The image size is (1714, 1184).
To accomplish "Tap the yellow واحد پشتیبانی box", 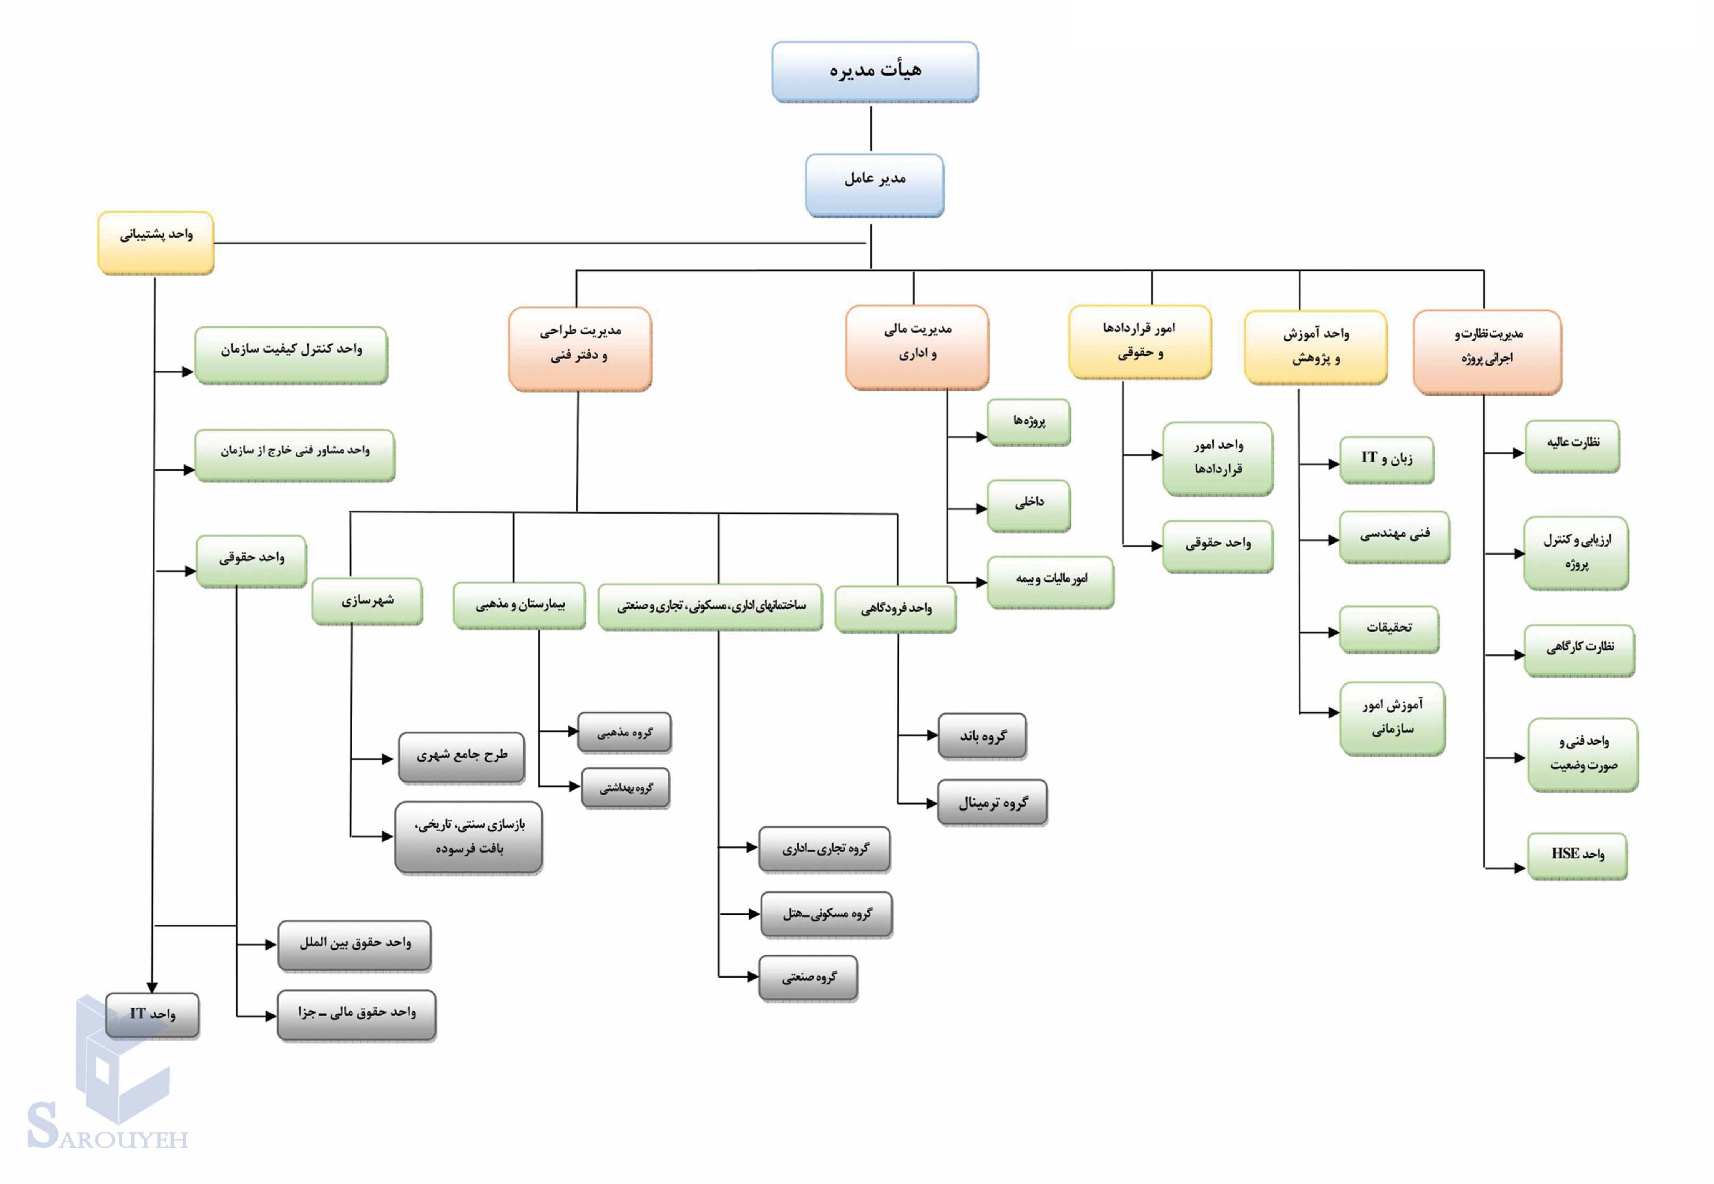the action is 156,243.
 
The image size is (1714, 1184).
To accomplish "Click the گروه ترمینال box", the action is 992,802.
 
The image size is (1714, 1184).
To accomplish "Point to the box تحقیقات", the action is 1389,629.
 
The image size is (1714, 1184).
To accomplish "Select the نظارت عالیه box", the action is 1572,446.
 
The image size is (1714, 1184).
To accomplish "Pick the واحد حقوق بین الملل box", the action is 354,945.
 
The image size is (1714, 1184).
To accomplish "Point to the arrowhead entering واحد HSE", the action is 1519,867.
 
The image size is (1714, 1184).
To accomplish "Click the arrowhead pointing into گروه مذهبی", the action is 573,731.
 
